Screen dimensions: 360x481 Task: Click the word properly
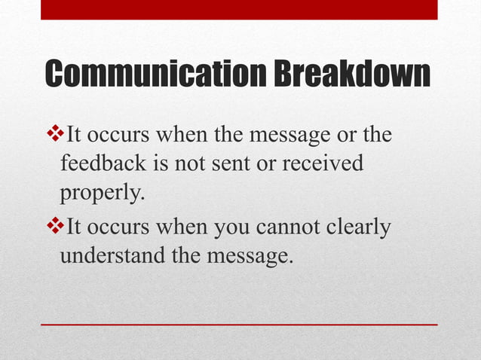(102, 194)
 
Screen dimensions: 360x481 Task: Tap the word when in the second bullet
(180, 226)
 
